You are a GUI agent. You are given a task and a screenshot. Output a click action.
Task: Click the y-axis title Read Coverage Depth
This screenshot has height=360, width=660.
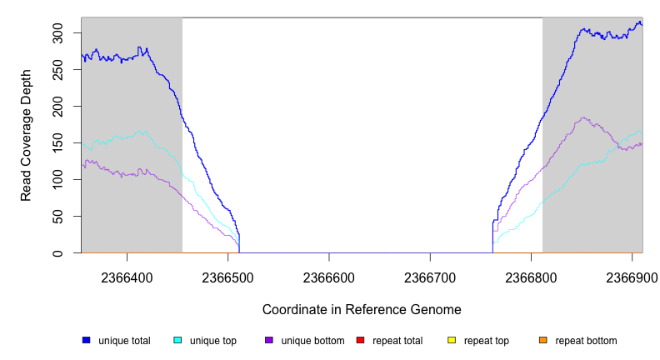(27, 135)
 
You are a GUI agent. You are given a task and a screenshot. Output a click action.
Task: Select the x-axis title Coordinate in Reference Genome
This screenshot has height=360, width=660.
(362, 309)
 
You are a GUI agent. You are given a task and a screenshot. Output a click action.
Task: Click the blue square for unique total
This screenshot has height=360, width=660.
(86, 340)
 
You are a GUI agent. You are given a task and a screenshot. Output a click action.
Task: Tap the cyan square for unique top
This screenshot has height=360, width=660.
(177, 340)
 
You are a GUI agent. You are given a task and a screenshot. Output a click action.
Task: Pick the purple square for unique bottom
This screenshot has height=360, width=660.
(269, 340)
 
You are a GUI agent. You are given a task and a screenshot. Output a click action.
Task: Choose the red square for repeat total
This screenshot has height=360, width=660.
(360, 340)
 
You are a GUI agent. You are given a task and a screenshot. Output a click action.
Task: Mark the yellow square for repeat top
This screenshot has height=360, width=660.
(452, 340)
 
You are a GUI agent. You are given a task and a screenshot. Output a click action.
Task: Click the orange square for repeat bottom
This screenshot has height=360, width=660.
(543, 340)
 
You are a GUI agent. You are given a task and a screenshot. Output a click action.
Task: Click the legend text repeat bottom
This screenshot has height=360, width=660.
(586, 341)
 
